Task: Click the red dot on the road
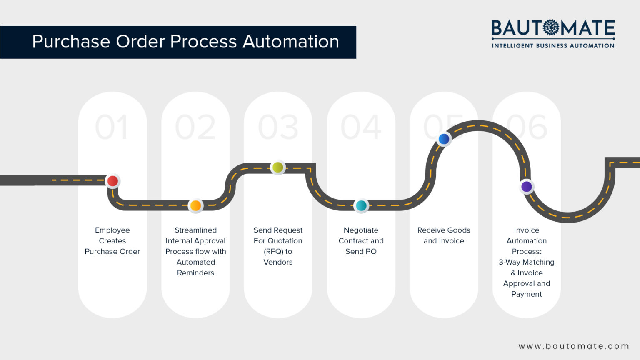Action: pos(112,181)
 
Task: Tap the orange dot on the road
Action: pos(195,205)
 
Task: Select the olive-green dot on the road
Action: pos(277,167)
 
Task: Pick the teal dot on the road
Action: pos(361,205)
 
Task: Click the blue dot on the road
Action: pos(444,139)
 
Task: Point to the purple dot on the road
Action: pos(527,186)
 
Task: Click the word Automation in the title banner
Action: pos(290,42)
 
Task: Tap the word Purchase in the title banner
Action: pos(71,42)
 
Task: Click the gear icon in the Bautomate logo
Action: pos(551,27)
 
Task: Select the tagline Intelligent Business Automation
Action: pos(553,46)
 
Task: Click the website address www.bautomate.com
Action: pos(574,346)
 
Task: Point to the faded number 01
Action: pos(112,127)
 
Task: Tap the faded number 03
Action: pos(278,127)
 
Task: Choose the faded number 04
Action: pos(361,127)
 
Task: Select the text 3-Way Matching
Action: pos(527,262)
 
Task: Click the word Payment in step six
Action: pos(527,294)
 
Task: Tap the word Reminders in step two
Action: pos(195,273)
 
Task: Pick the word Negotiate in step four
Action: pos(361,230)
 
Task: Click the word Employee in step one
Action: pos(112,230)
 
